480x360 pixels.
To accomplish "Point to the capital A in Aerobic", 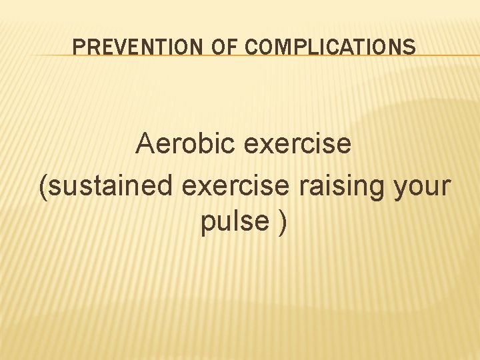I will (144, 143).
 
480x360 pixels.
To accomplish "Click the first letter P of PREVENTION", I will (77, 47).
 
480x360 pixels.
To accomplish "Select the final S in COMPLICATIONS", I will (410, 47).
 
